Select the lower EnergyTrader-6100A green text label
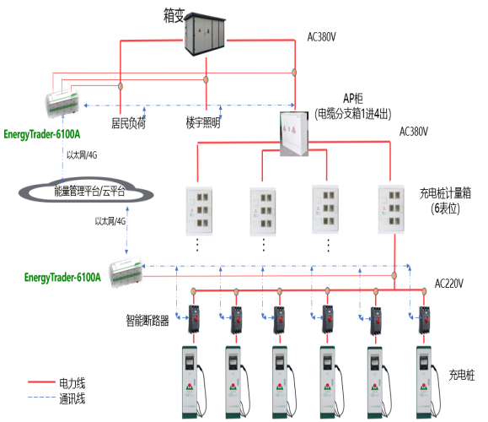pyautogui.click(x=63, y=277)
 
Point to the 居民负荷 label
pyautogui.click(x=129, y=123)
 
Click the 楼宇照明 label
pyautogui.click(x=203, y=123)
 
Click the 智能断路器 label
pyautogui.click(x=148, y=320)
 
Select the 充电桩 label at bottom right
pyautogui.click(x=463, y=371)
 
